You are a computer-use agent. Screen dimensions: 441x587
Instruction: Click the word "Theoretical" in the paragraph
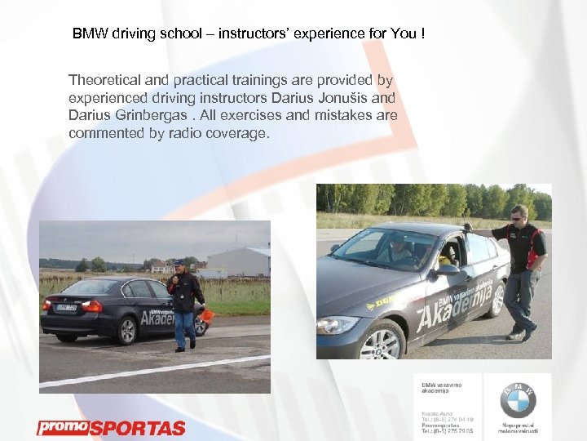(102, 80)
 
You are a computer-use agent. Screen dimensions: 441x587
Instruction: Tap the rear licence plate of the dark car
(66, 308)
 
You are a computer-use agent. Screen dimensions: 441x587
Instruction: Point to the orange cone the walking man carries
(206, 316)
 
